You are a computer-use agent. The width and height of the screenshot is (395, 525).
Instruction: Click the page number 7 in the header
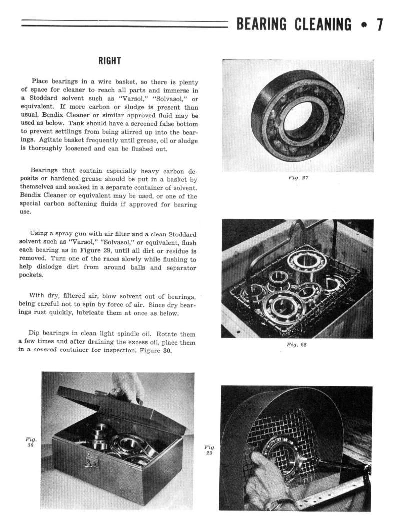tap(380, 24)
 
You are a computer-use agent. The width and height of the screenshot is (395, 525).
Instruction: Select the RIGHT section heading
tap(109, 61)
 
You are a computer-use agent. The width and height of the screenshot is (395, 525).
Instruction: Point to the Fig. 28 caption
tap(297, 345)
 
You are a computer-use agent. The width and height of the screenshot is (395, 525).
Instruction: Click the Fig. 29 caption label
tap(210, 449)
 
